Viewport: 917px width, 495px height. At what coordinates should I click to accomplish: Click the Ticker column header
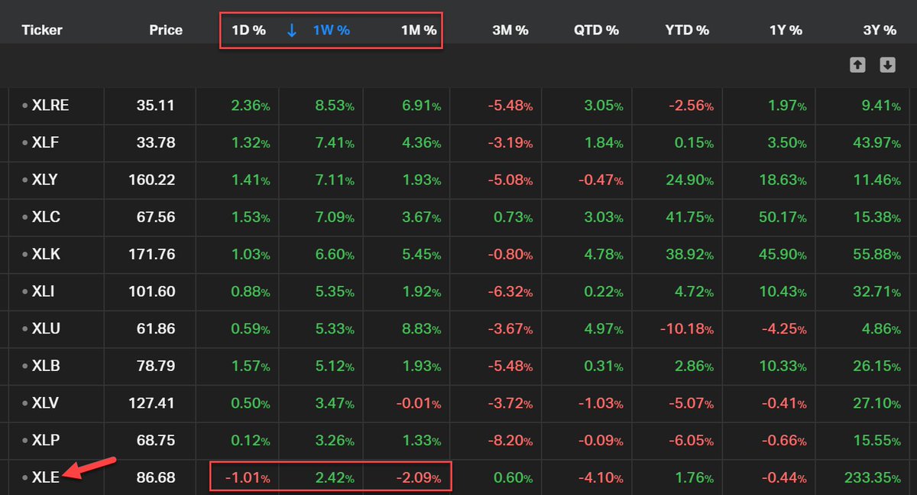pyautogui.click(x=42, y=31)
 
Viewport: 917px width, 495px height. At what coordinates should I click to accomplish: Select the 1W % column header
pyautogui.click(x=331, y=31)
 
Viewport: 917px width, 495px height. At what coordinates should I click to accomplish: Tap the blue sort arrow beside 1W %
pyautogui.click(x=291, y=31)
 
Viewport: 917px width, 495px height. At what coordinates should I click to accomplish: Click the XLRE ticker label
pyautogui.click(x=50, y=106)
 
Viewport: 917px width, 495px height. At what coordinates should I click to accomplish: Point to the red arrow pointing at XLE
pyautogui.click(x=89, y=467)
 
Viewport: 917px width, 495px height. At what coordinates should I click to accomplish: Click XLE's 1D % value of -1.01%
pyautogui.click(x=247, y=477)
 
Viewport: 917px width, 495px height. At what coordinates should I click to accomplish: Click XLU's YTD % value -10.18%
pyautogui.click(x=685, y=329)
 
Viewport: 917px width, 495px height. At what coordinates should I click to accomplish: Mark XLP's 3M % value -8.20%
pyautogui.click(x=510, y=441)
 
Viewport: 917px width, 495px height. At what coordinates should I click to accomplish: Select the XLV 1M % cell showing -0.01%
pyautogui.click(x=416, y=403)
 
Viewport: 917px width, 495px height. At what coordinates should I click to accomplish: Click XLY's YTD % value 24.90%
pyautogui.click(x=688, y=180)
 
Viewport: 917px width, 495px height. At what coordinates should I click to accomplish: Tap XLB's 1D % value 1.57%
pyautogui.click(x=248, y=366)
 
